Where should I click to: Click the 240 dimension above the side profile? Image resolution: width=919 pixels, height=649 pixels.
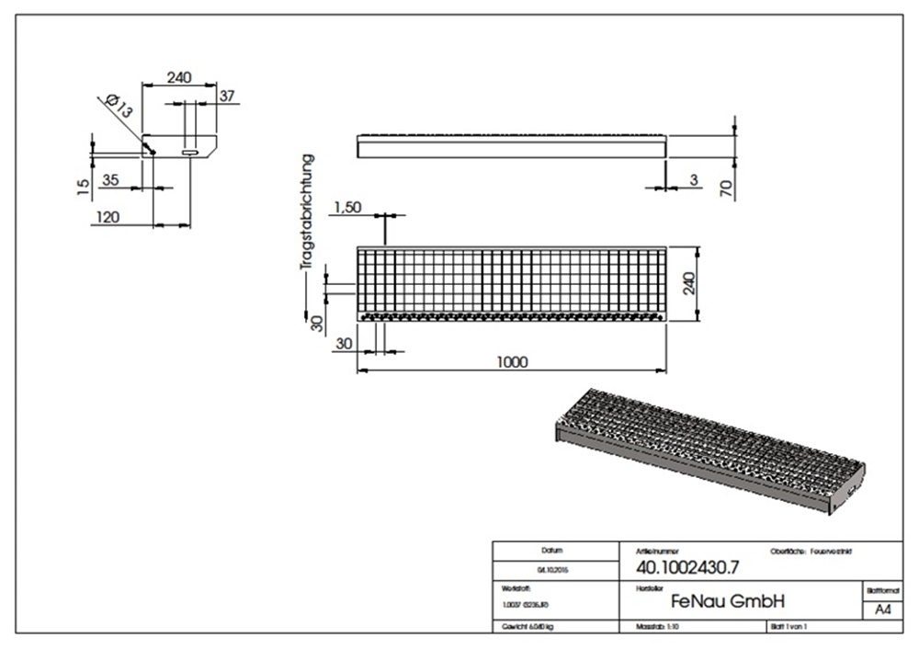179,78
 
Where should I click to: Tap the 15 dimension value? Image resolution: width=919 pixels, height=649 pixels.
83,187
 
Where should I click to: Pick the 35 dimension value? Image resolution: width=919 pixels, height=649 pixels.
109,180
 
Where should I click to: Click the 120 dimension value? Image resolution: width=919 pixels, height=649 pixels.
108,217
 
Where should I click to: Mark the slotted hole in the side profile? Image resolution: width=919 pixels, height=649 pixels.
190,154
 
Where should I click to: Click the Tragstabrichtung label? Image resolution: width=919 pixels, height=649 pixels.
310,211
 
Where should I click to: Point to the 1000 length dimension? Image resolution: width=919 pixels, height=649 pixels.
511,362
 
